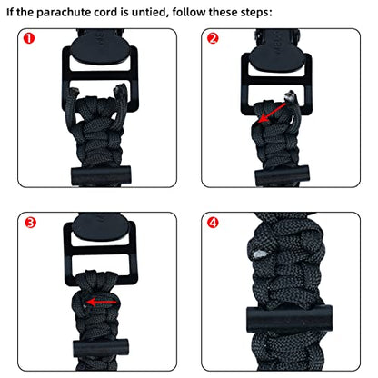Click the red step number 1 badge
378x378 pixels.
pos(31,40)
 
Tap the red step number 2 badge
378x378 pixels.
pos(213,40)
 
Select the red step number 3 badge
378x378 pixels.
pos(31,224)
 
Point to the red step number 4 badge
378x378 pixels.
pos(213,224)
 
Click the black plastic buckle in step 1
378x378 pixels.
pos(94,77)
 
